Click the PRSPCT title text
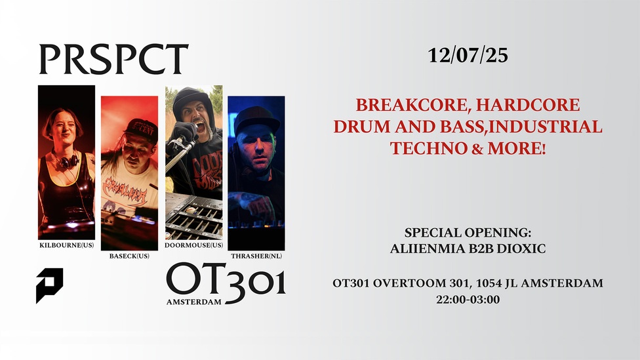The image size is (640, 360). pos(113,59)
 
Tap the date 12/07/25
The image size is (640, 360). pos(468,56)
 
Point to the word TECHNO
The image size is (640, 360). pos(428,148)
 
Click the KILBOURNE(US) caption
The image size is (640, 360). pos(66,245)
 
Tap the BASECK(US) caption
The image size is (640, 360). pos(129,256)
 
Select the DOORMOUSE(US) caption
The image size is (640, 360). pos(194,245)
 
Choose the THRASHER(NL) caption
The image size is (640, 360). pos(256,256)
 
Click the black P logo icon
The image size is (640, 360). pos(49,285)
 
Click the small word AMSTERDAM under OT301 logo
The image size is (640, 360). pos(194,302)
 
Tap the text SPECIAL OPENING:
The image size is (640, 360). pos(468,233)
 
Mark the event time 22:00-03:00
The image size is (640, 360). pos(468,300)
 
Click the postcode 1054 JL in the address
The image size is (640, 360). pos(497,283)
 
